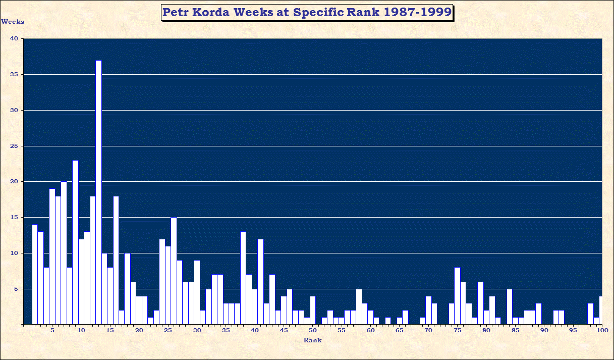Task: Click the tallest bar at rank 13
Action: coord(98,192)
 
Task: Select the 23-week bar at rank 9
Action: coord(75,242)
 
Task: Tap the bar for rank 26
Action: coord(174,271)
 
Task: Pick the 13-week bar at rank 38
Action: coord(243,278)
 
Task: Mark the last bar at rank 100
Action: coord(600,310)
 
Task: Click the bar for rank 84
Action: coord(510,306)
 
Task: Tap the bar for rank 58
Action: coord(359,306)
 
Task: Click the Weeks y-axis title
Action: coord(13,22)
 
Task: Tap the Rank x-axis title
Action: coord(312,340)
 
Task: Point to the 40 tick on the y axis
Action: coord(14,39)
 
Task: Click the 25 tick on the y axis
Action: coord(14,146)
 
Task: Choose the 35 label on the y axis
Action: coord(14,75)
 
